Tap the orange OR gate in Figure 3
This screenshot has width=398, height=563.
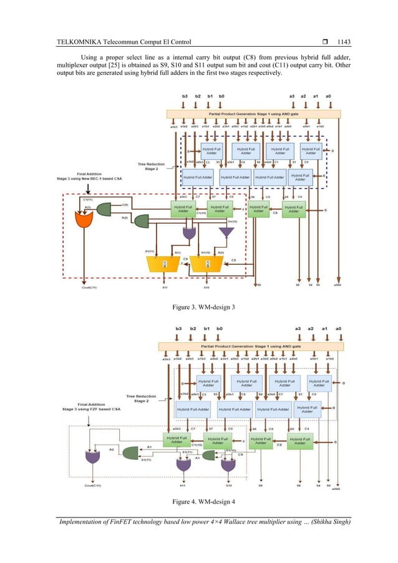tap(83, 219)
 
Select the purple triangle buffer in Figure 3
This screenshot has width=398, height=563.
tap(226, 232)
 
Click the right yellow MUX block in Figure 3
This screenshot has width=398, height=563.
tap(206, 264)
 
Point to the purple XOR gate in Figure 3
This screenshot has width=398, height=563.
tap(189, 233)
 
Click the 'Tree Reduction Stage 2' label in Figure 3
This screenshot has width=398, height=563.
tap(150, 166)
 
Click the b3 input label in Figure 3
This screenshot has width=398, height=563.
tap(183, 96)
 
